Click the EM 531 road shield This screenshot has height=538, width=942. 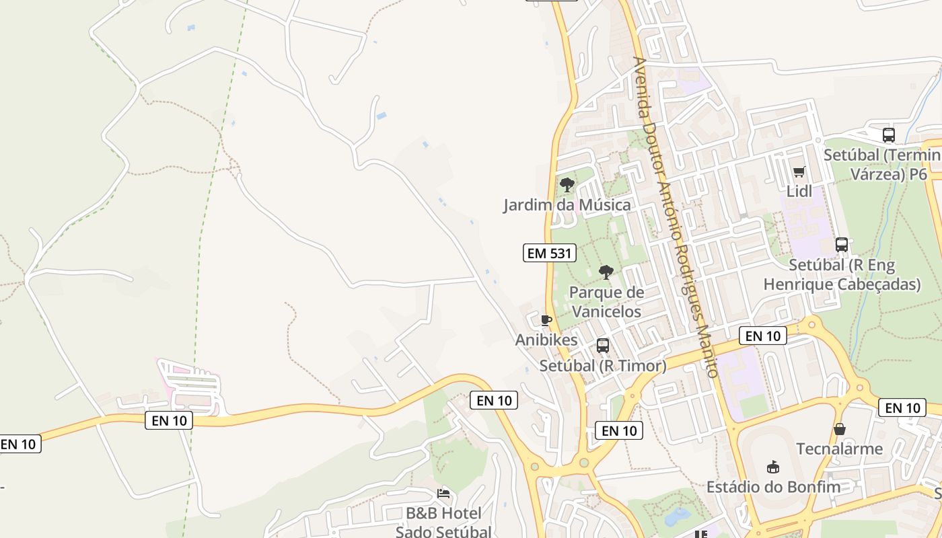click(550, 254)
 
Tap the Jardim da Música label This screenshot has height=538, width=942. click(567, 205)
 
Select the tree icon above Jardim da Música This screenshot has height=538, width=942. click(567, 184)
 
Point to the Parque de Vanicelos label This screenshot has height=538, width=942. click(606, 302)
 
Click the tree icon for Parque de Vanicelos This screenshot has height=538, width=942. click(606, 272)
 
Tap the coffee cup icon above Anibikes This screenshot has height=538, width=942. click(546, 320)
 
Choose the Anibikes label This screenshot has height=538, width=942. click(546, 340)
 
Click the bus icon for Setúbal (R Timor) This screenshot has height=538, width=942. click(603, 346)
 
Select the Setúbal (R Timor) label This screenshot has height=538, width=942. click(603, 366)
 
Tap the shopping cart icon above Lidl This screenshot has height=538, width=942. click(799, 171)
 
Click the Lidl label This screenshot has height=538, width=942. click(799, 192)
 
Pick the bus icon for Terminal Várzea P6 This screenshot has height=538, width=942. click(889, 134)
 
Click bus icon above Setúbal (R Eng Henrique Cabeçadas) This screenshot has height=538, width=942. click(841, 245)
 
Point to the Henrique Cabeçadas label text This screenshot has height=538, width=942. click(842, 284)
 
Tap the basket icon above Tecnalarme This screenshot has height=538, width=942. click(840, 429)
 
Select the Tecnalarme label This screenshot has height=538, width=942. click(840, 449)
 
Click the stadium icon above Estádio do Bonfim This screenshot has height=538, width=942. click(773, 467)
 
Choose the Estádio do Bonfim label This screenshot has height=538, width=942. click(773, 487)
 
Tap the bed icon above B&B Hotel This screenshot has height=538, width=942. click(443, 494)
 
